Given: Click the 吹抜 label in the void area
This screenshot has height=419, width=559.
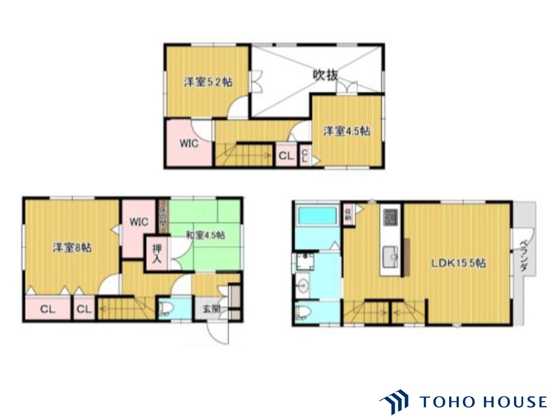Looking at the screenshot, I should (326, 76).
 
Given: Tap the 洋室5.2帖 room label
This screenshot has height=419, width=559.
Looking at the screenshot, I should (207, 82).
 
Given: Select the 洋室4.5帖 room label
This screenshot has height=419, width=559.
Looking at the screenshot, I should (347, 131).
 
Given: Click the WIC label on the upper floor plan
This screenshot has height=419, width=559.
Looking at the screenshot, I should (189, 143).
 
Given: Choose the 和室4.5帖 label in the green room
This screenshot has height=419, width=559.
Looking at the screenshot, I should (205, 235).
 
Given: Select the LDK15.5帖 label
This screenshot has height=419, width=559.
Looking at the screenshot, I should (459, 264).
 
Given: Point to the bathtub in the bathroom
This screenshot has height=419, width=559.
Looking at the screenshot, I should (317, 216).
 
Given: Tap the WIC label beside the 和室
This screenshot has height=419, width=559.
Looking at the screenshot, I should (138, 221).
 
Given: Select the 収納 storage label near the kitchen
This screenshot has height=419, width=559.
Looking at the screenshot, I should (349, 213).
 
